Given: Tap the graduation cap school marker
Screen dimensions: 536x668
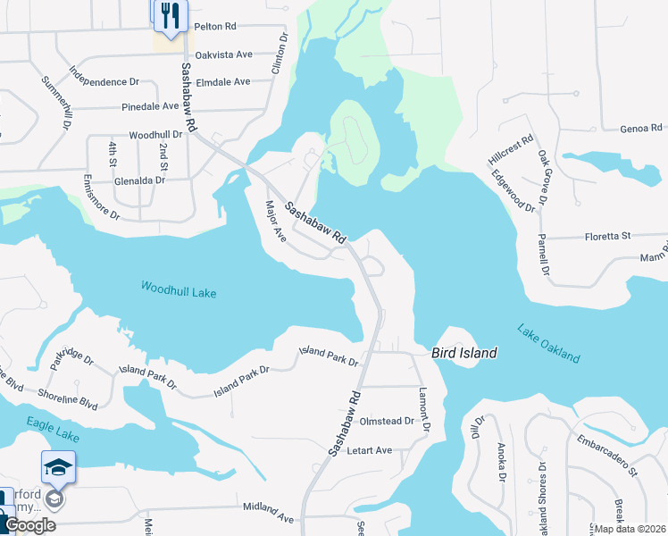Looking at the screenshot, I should pos(58,467).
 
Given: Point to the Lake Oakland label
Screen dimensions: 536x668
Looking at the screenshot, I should pos(548,343).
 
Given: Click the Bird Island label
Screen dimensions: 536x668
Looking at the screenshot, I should pos(464,353).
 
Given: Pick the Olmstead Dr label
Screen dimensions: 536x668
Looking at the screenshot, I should pos(387,421).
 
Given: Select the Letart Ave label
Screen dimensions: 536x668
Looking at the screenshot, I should pos(370,450).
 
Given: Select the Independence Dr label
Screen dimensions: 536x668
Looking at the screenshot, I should pos(104,81).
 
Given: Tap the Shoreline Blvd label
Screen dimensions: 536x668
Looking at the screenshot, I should pos(67,397).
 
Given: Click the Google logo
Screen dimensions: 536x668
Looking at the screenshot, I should pos(30,526).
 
